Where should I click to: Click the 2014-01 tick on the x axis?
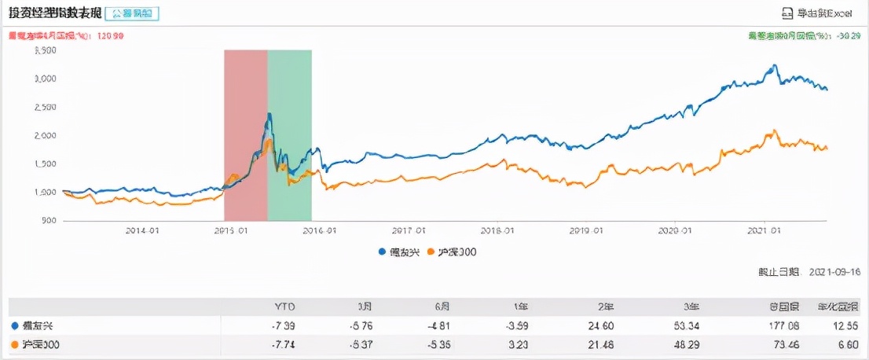coord(143,231)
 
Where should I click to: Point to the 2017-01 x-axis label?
coord(409,231)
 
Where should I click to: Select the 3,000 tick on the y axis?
coord(45,79)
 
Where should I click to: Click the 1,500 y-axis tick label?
coord(45,163)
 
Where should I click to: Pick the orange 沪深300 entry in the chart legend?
coord(453,252)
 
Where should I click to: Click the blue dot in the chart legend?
coord(383,252)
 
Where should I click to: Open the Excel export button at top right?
coord(818,13)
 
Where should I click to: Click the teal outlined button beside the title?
coord(131,13)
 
